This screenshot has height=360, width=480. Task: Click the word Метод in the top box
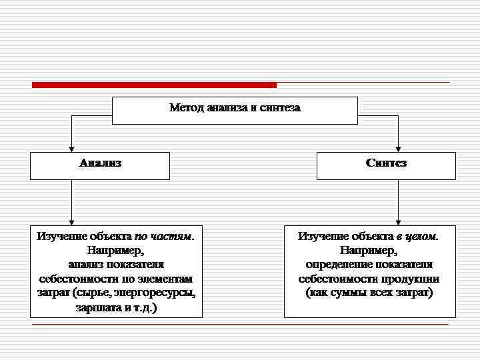[x=187, y=107]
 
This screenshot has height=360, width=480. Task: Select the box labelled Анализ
[x=100, y=165]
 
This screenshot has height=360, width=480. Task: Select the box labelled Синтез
[x=386, y=165]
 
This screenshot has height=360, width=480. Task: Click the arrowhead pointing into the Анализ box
[x=72, y=148]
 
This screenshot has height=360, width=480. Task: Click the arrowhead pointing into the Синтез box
[x=399, y=148]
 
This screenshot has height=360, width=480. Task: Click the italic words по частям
[x=164, y=236]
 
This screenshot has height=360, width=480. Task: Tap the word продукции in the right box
[x=411, y=279]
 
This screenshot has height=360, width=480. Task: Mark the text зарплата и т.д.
[x=116, y=308]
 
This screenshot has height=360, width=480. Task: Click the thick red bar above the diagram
[x=154, y=85]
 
